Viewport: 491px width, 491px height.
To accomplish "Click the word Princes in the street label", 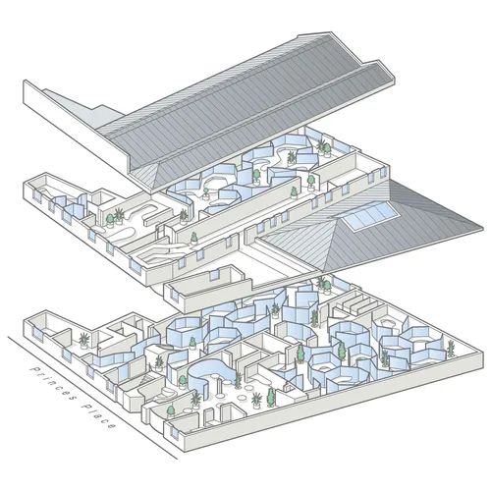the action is [x=54, y=383].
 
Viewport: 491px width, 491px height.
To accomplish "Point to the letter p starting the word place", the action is [x=86, y=407].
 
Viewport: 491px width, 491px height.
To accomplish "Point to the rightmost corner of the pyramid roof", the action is [x=483, y=226].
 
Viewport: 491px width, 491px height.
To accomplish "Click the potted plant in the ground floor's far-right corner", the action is [x=451, y=349].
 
